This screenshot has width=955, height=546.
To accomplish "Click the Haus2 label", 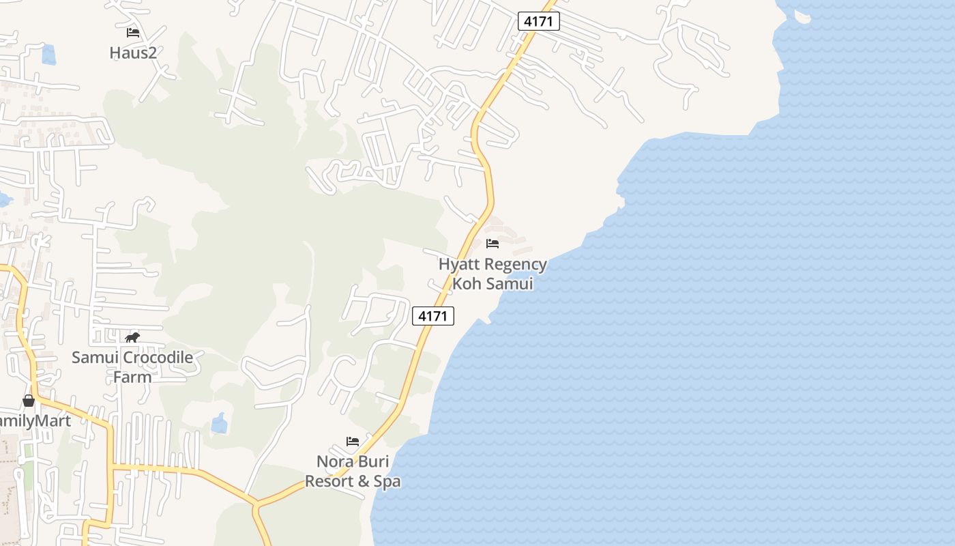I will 133,53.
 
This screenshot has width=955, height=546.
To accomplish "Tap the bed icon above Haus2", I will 133,32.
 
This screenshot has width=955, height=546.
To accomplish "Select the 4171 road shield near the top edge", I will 538,21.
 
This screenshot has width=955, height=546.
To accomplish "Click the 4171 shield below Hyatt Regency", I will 432,316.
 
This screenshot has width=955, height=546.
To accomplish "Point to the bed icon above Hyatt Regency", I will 493,244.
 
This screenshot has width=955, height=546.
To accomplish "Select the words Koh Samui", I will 493,283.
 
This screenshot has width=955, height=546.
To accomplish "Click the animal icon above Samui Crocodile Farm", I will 132,337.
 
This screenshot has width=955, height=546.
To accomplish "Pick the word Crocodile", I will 155,358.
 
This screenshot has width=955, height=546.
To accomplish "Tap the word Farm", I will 132,377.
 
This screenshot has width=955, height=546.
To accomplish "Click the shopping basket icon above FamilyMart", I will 29,401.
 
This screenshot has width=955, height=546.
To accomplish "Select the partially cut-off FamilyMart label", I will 35,420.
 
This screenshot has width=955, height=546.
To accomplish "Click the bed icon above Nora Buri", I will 353,442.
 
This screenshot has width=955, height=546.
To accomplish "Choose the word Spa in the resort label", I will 387,481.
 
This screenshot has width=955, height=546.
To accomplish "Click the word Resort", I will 329,481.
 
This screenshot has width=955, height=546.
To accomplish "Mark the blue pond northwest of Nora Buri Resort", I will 219,423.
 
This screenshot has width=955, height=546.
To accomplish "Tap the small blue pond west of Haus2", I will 48,55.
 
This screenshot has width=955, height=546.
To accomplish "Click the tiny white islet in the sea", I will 802,17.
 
